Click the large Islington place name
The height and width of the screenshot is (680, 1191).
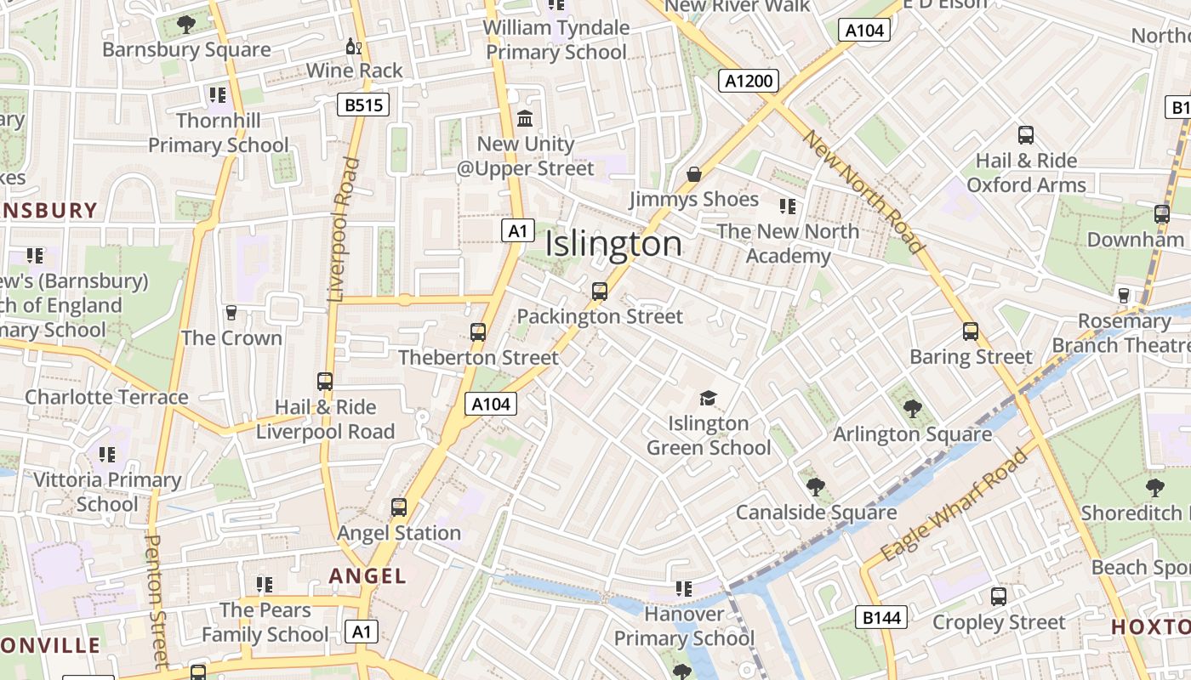pos(613,244)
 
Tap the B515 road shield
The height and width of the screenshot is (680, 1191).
pos(363,105)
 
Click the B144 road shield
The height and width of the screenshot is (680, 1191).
pos(880,617)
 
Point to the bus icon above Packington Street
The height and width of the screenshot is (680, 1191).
pos(600,292)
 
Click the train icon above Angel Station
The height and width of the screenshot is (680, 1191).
pos(399,507)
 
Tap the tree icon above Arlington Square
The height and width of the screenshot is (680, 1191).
pos(913,409)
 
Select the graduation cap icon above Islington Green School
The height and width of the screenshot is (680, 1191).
pos(708,398)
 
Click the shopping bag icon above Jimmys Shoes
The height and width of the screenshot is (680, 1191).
pos(694,174)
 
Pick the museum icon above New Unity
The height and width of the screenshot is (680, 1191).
pos(525,118)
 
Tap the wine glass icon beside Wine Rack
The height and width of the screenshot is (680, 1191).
pos(353,46)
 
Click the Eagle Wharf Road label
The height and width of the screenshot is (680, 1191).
pos(955,507)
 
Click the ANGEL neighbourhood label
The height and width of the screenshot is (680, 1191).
pos(368,576)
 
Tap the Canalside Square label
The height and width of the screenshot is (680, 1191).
pos(816,513)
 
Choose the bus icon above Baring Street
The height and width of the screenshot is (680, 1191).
pos(971,331)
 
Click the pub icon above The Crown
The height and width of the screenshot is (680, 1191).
pos(231,313)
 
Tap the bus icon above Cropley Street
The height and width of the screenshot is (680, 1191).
pos(999,597)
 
